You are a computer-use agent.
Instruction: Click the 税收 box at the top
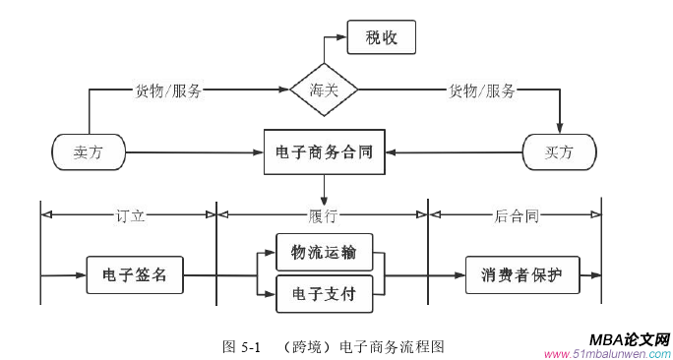pos(382,38)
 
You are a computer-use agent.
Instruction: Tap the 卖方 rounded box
pos(88,152)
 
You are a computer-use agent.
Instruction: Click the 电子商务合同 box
pos(324,152)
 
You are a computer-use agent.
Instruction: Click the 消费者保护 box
pos(521,274)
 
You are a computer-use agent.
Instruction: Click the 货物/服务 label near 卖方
pos(168,91)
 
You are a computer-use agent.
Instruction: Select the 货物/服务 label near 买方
pos(482,91)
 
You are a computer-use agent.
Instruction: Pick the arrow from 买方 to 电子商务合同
pos(453,152)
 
